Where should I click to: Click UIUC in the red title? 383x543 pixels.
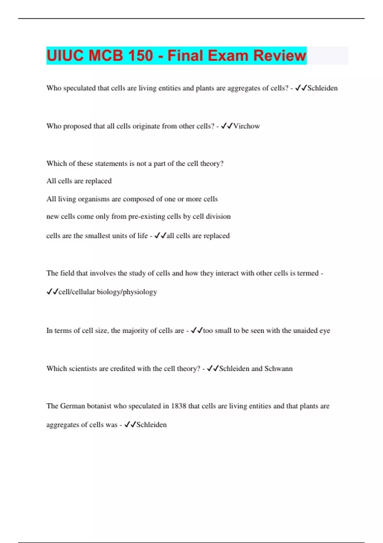pos(65,56)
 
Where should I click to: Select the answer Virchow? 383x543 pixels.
pos(246,126)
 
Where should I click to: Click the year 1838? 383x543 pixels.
pos(179,406)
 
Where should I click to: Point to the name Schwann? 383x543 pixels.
pos(278,369)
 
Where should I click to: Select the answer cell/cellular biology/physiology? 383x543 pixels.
pos(108,292)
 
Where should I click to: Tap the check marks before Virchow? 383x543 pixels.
pos(227,126)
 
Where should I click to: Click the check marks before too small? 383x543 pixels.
pos(197,331)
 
